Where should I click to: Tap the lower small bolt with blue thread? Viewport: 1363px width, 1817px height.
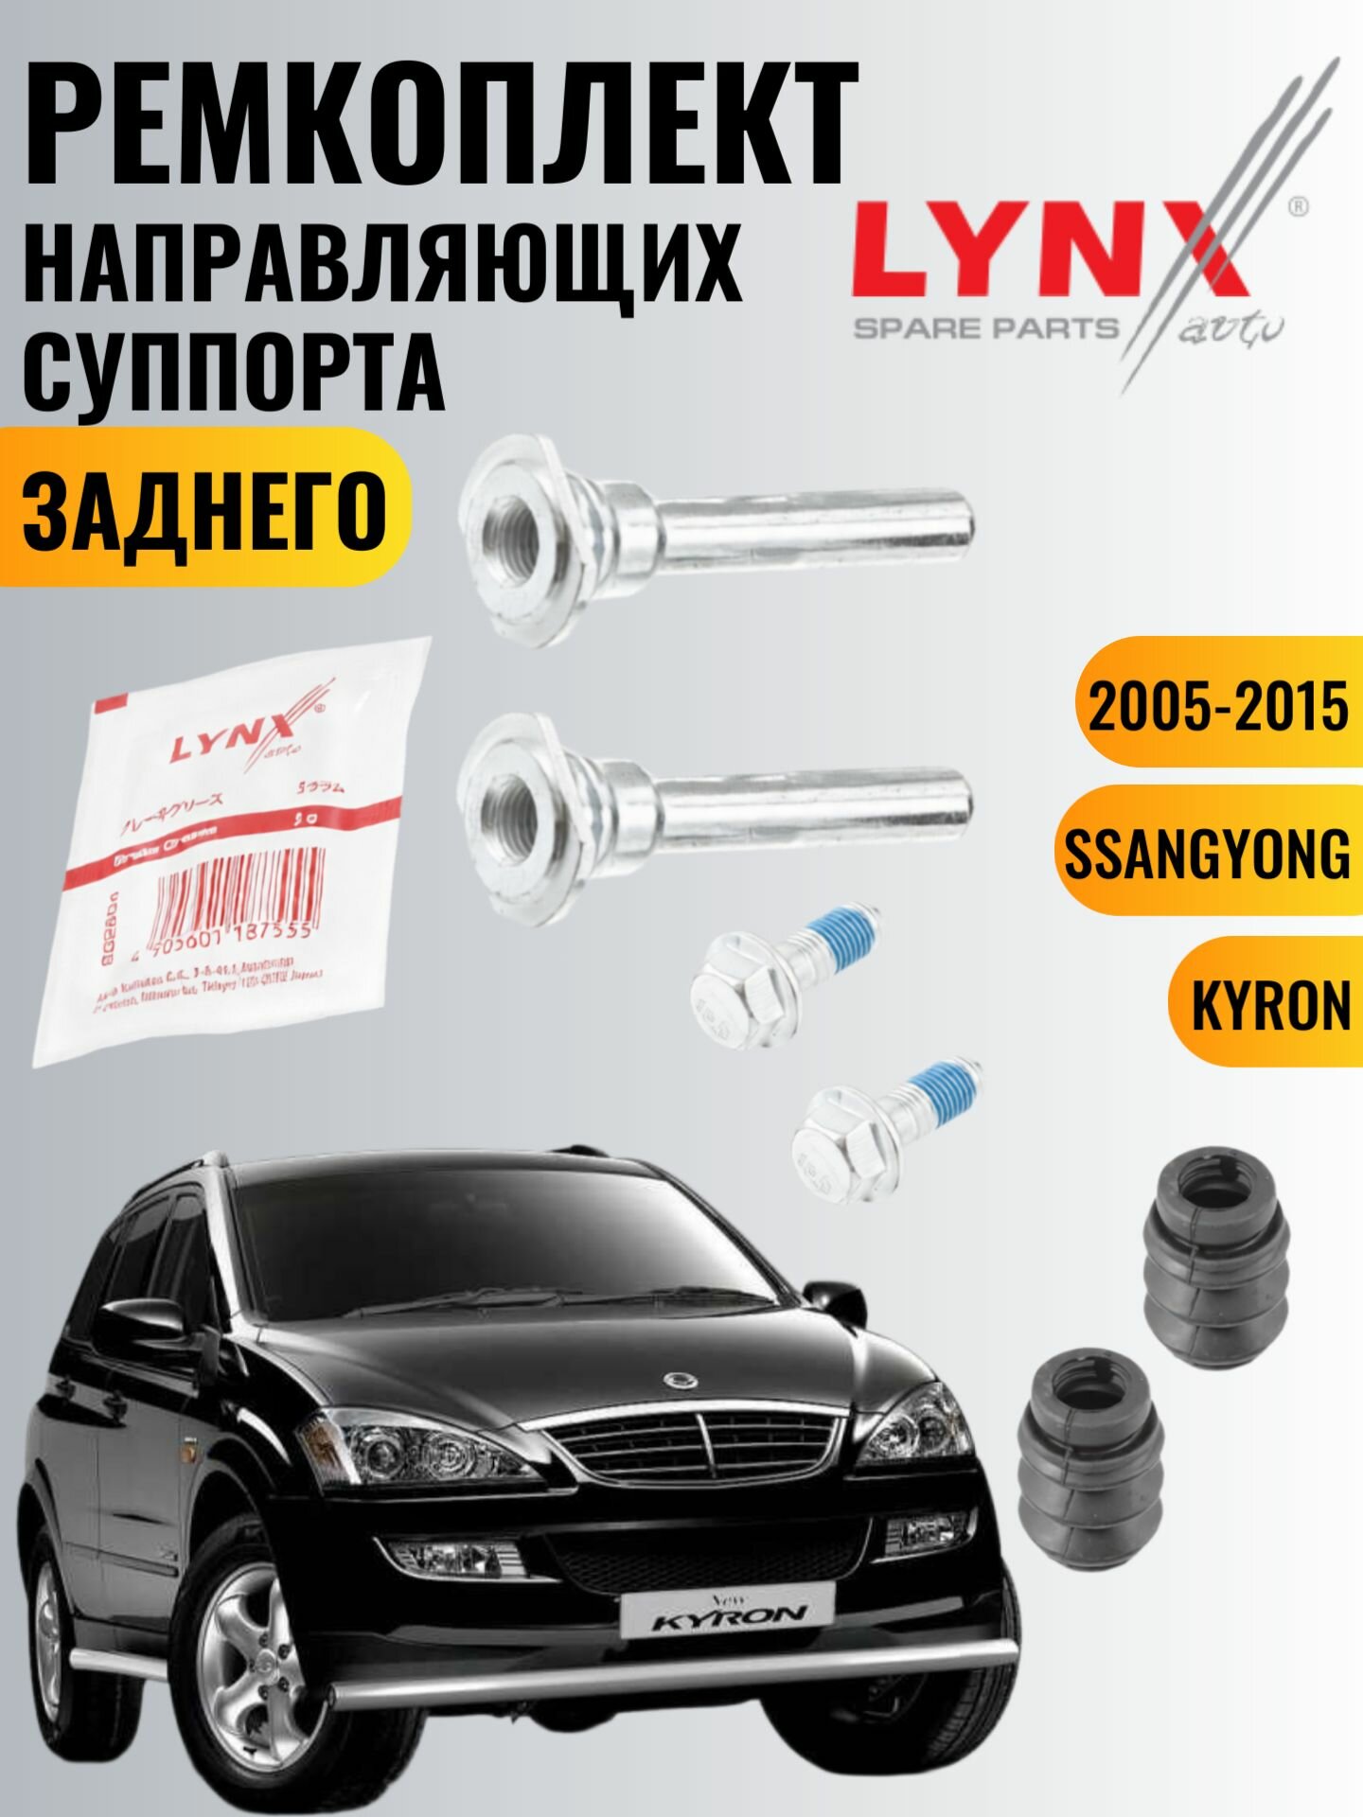pos(885,1126)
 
